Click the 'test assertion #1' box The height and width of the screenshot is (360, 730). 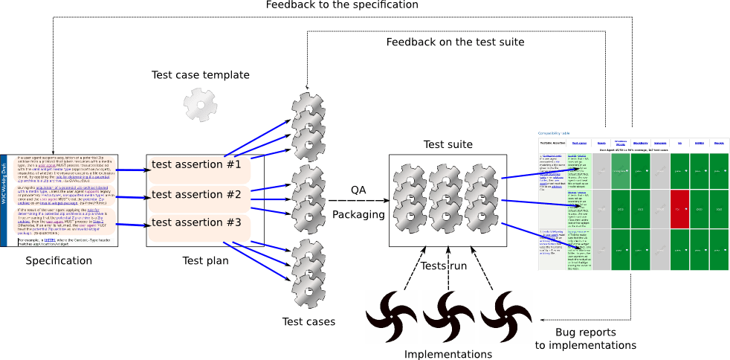click(x=196, y=165)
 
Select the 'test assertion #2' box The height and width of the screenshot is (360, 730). click(x=196, y=195)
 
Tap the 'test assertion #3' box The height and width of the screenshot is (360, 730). click(x=196, y=222)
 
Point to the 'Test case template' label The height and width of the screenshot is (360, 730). click(x=200, y=75)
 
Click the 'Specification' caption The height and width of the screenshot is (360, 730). click(x=59, y=261)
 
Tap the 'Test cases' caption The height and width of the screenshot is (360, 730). click(x=309, y=321)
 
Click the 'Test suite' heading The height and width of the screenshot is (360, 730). click(x=448, y=144)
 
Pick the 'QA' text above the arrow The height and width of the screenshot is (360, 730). click(x=358, y=190)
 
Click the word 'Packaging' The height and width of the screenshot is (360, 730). click(x=358, y=215)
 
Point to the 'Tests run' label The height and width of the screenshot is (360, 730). click(x=445, y=266)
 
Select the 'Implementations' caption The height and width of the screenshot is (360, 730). click(x=448, y=354)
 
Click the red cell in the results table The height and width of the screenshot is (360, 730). click(x=679, y=209)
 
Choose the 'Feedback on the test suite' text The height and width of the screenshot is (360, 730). click(x=455, y=42)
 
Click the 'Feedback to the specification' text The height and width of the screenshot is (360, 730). click(x=341, y=5)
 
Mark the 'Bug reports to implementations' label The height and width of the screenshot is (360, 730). click(x=586, y=338)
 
